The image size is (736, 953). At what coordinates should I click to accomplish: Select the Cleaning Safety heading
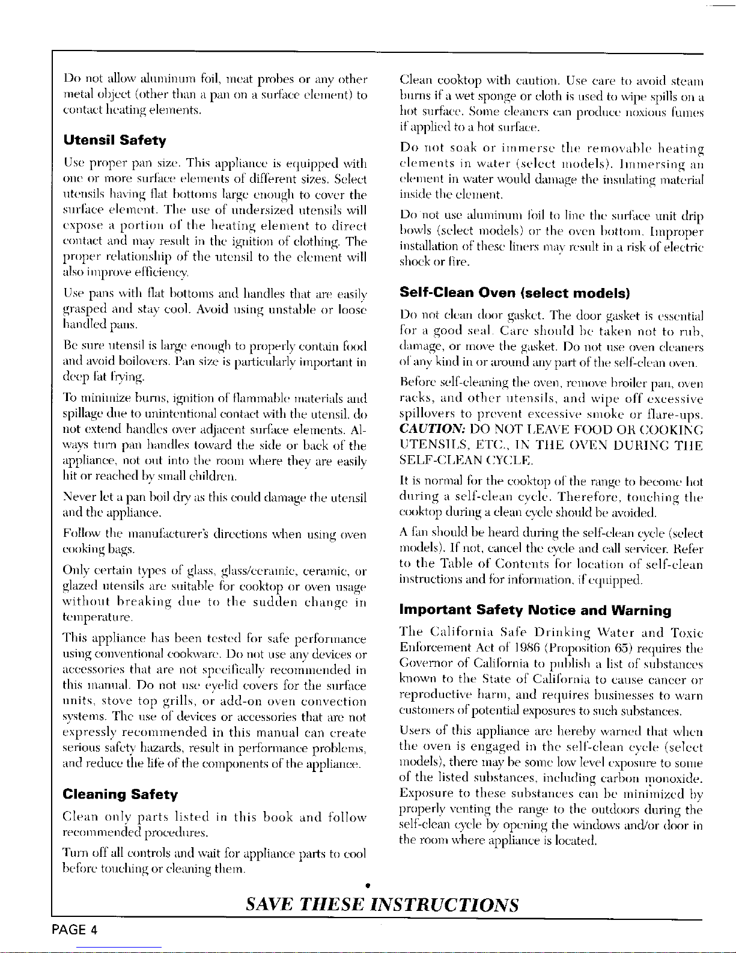point(120,795)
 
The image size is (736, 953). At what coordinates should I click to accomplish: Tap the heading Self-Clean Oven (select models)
point(514,293)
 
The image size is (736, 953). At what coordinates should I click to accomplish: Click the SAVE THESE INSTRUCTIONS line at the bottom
point(383,904)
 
